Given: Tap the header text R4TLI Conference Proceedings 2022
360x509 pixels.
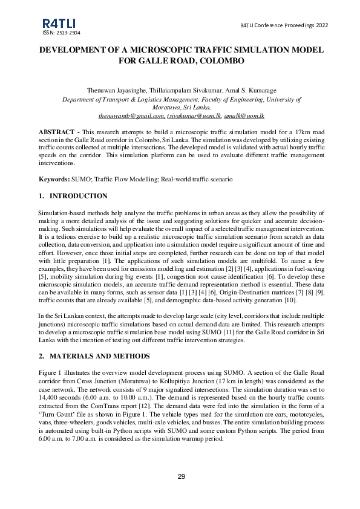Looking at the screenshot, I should [x=284, y=25].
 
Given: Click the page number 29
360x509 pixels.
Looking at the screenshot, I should [x=181, y=478].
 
